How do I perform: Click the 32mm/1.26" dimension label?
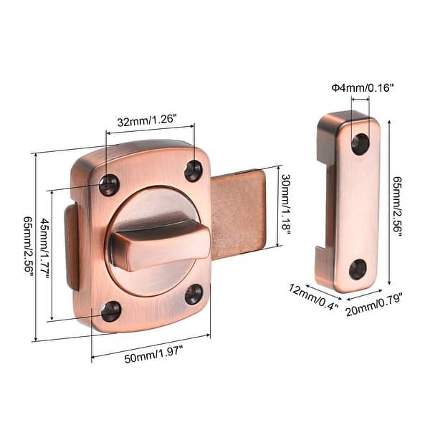(x=150, y=121)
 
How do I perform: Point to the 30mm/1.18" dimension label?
(x=285, y=204)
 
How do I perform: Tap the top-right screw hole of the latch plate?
(x=193, y=171)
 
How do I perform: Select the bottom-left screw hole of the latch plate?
(x=111, y=311)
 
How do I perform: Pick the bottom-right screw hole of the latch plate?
(x=194, y=293)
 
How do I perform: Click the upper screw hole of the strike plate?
(x=360, y=143)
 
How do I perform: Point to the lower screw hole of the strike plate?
(x=358, y=269)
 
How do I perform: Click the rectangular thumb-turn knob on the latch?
(x=159, y=244)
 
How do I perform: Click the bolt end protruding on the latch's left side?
(x=72, y=247)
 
